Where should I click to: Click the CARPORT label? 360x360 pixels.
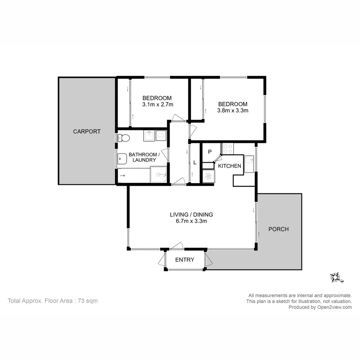pyautogui.click(x=87, y=131)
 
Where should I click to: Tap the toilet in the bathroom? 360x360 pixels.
pyautogui.click(x=124, y=138)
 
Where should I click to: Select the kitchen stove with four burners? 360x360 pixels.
pyautogui.click(x=228, y=148)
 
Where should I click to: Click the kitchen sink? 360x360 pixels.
pyautogui.click(x=249, y=164)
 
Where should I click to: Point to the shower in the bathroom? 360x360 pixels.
pyautogui.click(x=158, y=175)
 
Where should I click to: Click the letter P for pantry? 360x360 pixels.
pyautogui.click(x=210, y=152)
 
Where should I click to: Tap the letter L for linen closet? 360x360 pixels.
pyautogui.click(x=195, y=163)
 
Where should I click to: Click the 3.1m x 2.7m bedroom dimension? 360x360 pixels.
pyautogui.click(x=157, y=104)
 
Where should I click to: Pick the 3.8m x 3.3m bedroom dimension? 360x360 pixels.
pyautogui.click(x=233, y=110)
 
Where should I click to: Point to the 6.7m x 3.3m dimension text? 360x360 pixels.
pyautogui.click(x=191, y=221)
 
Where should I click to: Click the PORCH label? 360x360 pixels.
pyautogui.click(x=278, y=229)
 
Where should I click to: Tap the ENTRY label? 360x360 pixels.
pyautogui.click(x=185, y=260)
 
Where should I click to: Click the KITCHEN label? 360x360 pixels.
pyautogui.click(x=229, y=166)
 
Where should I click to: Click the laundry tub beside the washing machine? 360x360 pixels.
pyautogui.click(x=149, y=136)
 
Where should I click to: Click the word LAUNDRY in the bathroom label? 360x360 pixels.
pyautogui.click(x=144, y=160)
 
